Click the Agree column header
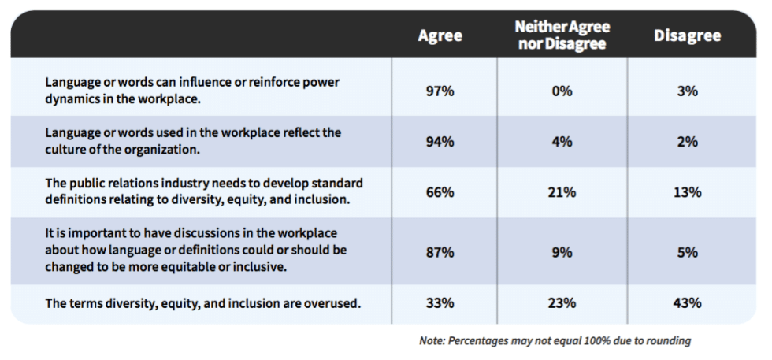pyautogui.click(x=440, y=36)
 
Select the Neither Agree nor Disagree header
pyautogui.click(x=562, y=36)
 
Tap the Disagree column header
pyautogui.click(x=687, y=36)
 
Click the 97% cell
pyautogui.click(x=440, y=91)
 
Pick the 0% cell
pyautogui.click(x=562, y=91)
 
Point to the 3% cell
pyautogui.click(x=687, y=91)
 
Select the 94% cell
pyautogui.click(x=440, y=142)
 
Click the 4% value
pyautogui.click(x=562, y=142)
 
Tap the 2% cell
pyautogui.click(x=687, y=142)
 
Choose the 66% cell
pyautogui.click(x=440, y=192)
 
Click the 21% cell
pyautogui.click(x=562, y=192)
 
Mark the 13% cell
pyautogui.click(x=687, y=192)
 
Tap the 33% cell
pyautogui.click(x=440, y=303)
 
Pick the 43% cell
pyautogui.click(x=687, y=303)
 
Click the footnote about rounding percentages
pyautogui.click(x=555, y=341)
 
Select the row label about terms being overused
pyautogui.click(x=203, y=303)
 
